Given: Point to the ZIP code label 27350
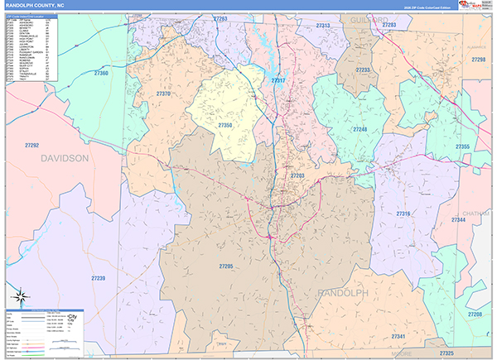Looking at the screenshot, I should pos(225,124).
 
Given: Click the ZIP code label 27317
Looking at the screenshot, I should pos(278,80).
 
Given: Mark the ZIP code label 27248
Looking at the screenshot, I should pos(359,130).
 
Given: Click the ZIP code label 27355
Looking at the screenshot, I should pos(462,146).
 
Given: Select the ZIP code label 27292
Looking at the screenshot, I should pos(32,145).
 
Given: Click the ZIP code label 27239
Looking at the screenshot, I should pos(98,278).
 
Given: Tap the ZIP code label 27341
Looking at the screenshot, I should pos(398,336).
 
